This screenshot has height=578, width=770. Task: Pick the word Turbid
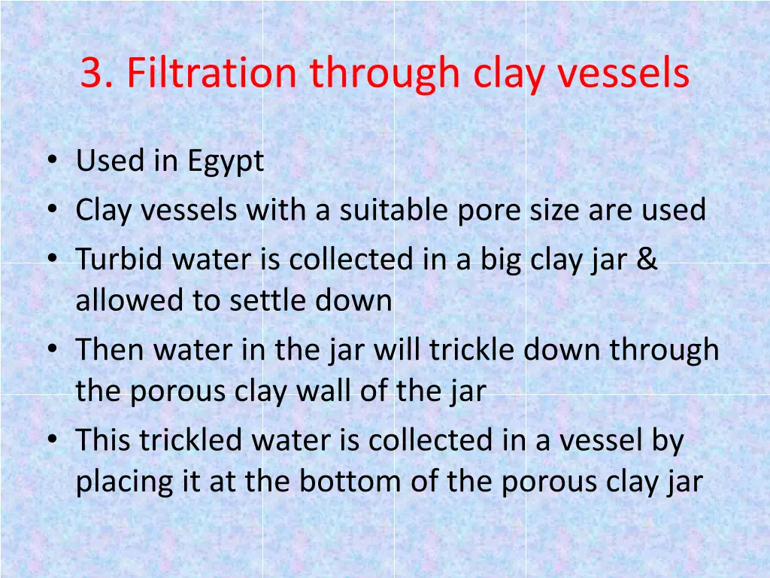[x=120, y=259]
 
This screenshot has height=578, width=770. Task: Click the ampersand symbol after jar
[x=647, y=260]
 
